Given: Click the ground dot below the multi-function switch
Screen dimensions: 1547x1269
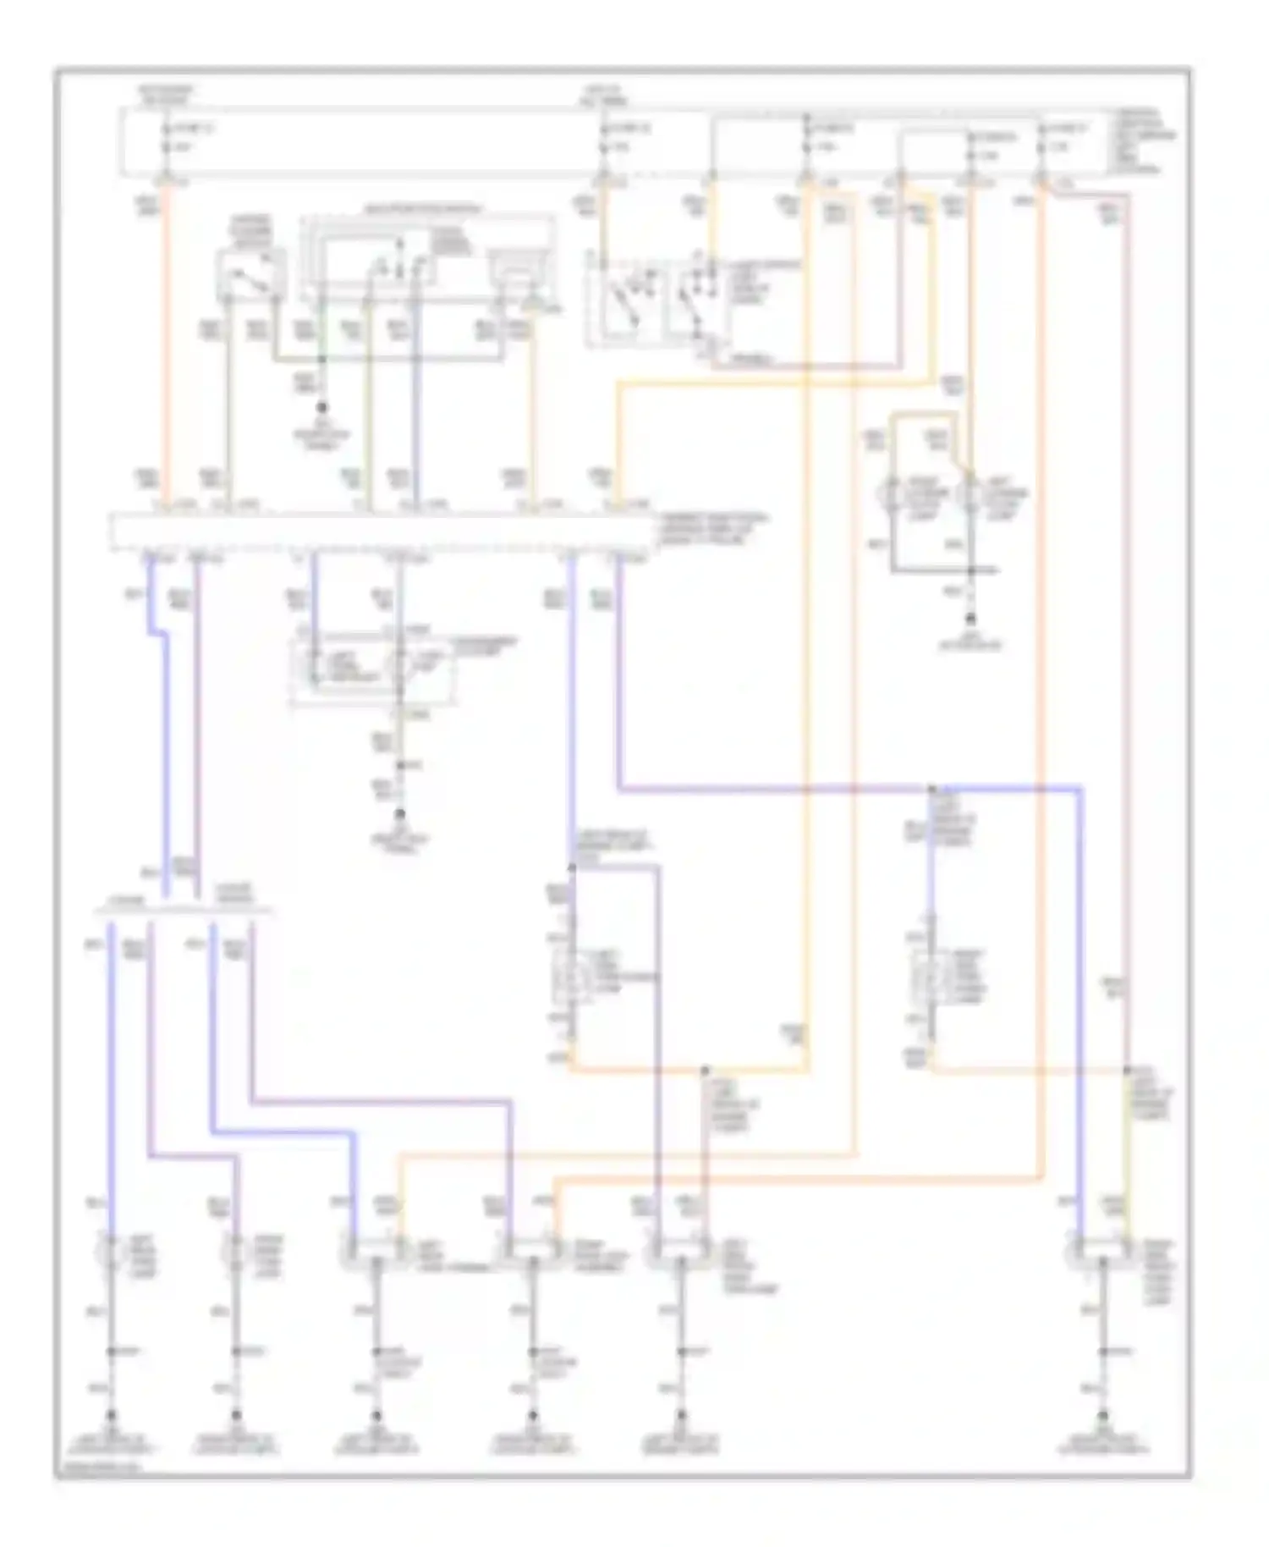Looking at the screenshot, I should click(x=321, y=407).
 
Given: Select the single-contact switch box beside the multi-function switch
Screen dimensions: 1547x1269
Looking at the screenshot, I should click(x=250, y=275).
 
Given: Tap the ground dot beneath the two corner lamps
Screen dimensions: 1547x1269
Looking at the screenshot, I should click(x=971, y=619).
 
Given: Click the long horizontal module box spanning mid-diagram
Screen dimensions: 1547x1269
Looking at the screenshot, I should click(x=381, y=531).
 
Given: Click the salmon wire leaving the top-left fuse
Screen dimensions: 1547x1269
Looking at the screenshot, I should click(x=167, y=339).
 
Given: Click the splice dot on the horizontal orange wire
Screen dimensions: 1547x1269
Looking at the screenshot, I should click(x=704, y=1071).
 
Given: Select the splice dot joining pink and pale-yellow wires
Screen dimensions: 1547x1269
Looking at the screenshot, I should click(x=1127, y=1071).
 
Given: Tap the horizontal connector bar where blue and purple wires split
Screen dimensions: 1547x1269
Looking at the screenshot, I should click(x=182, y=912).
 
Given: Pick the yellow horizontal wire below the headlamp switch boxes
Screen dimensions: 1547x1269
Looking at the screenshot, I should click(x=761, y=383).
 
